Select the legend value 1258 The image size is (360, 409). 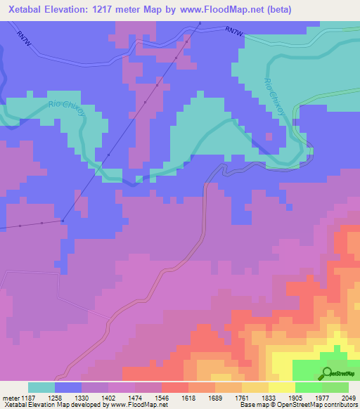coord(55,397)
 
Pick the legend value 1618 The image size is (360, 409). coord(188,397)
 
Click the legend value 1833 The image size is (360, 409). coord(268,397)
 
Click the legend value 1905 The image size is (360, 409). coord(295,397)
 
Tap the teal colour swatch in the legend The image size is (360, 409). coord(41,387)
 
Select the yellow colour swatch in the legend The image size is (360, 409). coord(281,387)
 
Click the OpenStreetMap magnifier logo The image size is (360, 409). coord(328,373)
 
